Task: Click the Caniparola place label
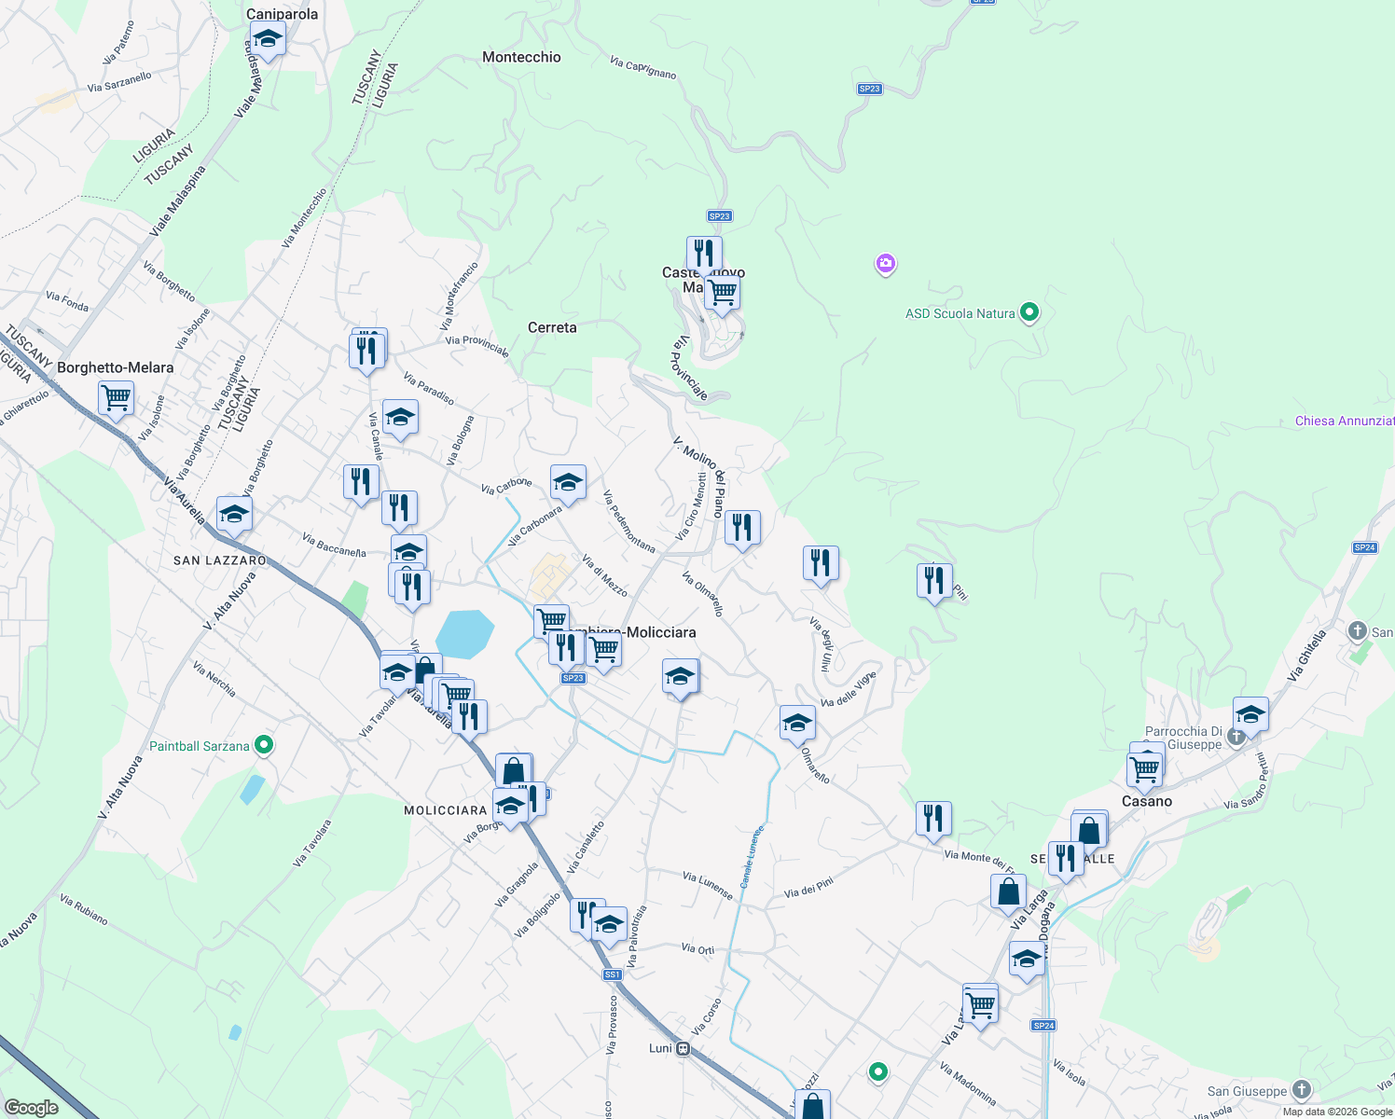click(282, 14)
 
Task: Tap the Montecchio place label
click(521, 57)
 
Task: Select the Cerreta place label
click(552, 327)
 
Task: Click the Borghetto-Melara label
click(116, 367)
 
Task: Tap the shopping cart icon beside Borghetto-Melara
click(117, 397)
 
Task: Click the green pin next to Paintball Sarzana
click(264, 745)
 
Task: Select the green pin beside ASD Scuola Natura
click(1029, 312)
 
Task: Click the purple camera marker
click(886, 264)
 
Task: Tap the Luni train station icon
click(684, 1048)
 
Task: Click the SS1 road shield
click(612, 974)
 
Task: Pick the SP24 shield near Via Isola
click(1043, 1026)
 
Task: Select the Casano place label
click(1147, 801)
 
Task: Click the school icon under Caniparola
click(268, 39)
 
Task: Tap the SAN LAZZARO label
click(220, 560)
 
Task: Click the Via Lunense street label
click(708, 885)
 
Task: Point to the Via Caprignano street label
click(643, 68)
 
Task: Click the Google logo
click(32, 1108)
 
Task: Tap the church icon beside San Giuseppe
click(1302, 1089)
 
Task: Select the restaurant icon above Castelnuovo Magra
click(704, 253)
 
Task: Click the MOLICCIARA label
click(446, 810)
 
